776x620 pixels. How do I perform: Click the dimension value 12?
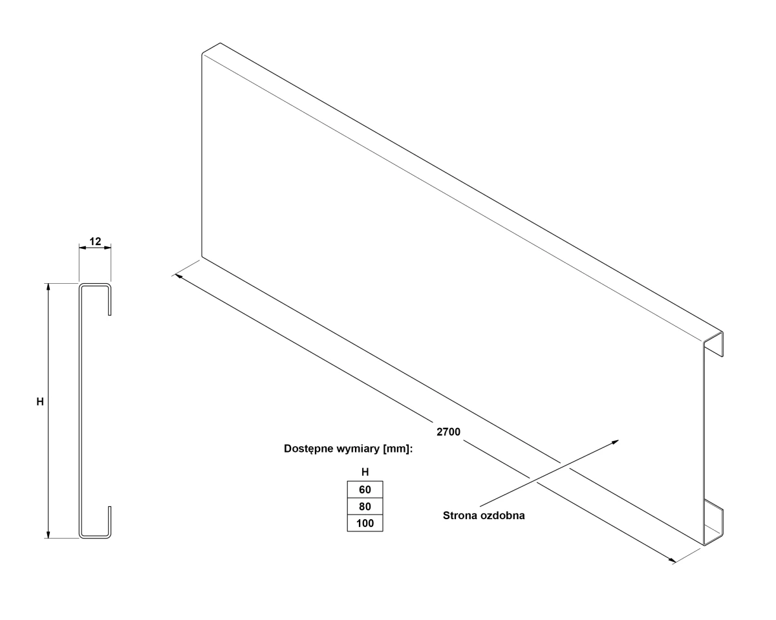95,241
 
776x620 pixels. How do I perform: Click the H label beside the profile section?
40,401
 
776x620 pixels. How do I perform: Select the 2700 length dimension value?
448,432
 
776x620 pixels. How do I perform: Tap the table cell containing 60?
365,489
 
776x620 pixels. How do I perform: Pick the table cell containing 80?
365,506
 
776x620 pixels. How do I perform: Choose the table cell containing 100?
365,523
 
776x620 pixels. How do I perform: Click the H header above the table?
365,472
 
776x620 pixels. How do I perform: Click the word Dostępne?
308,449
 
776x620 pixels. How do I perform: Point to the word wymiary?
358,449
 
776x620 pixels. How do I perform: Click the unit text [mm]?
398,449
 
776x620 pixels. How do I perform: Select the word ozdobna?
501,515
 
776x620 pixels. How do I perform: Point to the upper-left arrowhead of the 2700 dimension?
178,276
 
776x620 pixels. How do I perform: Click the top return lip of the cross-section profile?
110,300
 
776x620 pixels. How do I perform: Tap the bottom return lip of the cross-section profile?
110,521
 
